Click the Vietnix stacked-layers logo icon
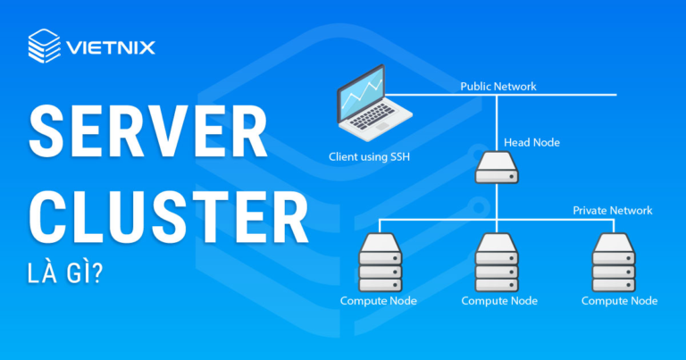click(x=46, y=46)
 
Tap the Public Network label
click(x=498, y=87)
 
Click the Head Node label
click(x=531, y=142)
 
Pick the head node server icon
click(x=498, y=168)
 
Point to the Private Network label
click(x=613, y=211)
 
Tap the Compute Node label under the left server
click(x=378, y=300)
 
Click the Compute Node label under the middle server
click(x=498, y=300)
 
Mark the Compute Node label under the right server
click(x=619, y=300)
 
